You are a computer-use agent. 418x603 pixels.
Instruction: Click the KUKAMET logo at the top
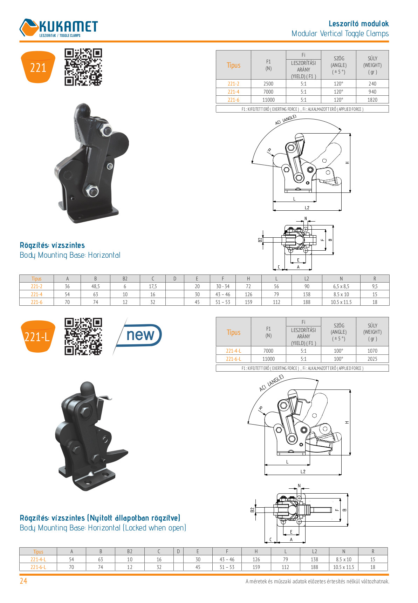pos(59,28)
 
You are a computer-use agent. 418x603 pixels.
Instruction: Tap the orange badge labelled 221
pos(38,67)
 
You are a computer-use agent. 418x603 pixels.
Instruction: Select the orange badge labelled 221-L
pos(38,337)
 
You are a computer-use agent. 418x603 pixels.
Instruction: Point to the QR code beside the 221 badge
pos(83,67)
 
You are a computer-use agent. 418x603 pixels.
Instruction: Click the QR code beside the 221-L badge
pos(83,337)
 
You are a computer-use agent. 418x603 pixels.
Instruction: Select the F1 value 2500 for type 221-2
pos(268,84)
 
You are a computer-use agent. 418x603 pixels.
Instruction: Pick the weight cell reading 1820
pos(372,100)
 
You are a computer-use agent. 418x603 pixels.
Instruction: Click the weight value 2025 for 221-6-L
pos(372,359)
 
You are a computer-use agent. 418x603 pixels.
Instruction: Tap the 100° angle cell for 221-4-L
pos(338,351)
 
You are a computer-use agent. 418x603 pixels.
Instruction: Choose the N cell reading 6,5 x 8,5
pos(341,286)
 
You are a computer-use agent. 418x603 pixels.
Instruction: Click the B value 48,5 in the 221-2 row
pos(95,286)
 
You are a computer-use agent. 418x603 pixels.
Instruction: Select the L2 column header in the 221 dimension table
pos(307,279)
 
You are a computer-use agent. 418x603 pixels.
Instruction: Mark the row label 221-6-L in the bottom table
pos(38,567)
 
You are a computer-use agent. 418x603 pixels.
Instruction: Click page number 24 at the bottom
pos(23,581)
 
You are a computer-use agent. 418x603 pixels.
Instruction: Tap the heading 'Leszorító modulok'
pos(358,24)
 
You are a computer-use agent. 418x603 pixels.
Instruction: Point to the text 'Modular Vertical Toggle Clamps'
pos(340,34)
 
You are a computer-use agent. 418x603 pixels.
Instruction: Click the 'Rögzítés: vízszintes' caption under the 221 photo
pos(52,245)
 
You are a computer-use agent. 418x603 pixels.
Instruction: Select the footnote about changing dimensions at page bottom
pos(317,581)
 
